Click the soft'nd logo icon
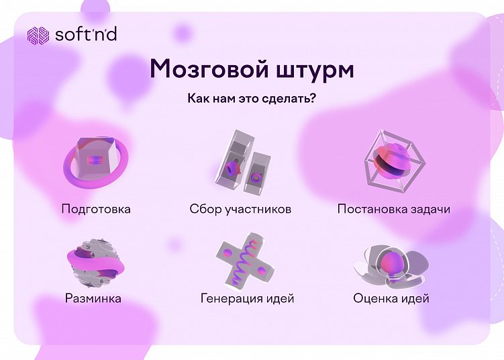tap(38, 35)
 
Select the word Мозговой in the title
tap(203, 69)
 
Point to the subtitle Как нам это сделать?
tap(252, 99)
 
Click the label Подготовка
tap(95, 209)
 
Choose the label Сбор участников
tap(240, 209)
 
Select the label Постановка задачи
tap(393, 209)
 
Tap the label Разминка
tap(93, 298)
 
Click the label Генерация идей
tap(247, 298)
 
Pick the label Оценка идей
tap(391, 298)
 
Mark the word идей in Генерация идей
tap(279, 298)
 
